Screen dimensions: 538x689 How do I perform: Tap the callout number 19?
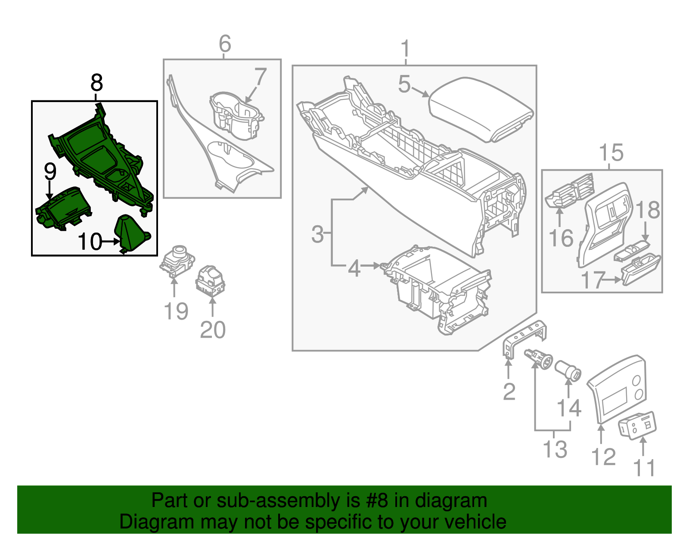[176, 311]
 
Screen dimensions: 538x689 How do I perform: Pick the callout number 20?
[213, 330]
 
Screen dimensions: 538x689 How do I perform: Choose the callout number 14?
[569, 407]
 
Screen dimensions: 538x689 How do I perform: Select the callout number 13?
[555, 449]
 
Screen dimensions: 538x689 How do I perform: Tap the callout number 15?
[611, 152]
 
